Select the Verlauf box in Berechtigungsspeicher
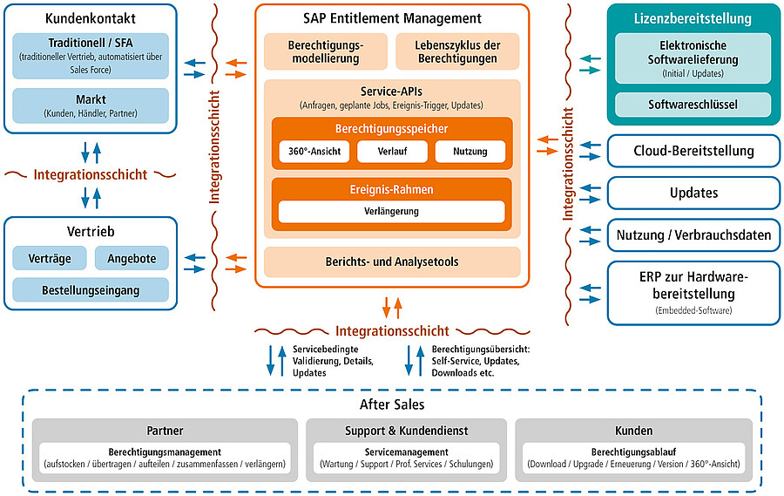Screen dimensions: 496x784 (x=392, y=152)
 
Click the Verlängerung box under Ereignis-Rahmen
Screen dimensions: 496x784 (x=392, y=212)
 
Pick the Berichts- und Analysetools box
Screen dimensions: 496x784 (x=392, y=262)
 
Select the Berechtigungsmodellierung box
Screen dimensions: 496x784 (x=325, y=51)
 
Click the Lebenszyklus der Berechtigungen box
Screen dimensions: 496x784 (x=457, y=51)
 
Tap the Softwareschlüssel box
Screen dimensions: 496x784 (x=693, y=105)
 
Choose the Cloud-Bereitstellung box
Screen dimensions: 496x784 (x=693, y=151)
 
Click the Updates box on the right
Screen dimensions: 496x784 (x=693, y=193)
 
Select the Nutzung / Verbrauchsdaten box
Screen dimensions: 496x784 (x=693, y=234)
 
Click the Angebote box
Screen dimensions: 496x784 (x=132, y=258)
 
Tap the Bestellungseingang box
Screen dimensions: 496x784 (x=90, y=289)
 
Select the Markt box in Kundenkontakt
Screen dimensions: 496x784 (x=91, y=105)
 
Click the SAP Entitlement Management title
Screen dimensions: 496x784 (x=392, y=17)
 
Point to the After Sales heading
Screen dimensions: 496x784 (x=392, y=404)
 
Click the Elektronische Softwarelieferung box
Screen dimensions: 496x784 (x=693, y=58)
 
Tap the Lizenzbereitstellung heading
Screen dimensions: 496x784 (x=693, y=18)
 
